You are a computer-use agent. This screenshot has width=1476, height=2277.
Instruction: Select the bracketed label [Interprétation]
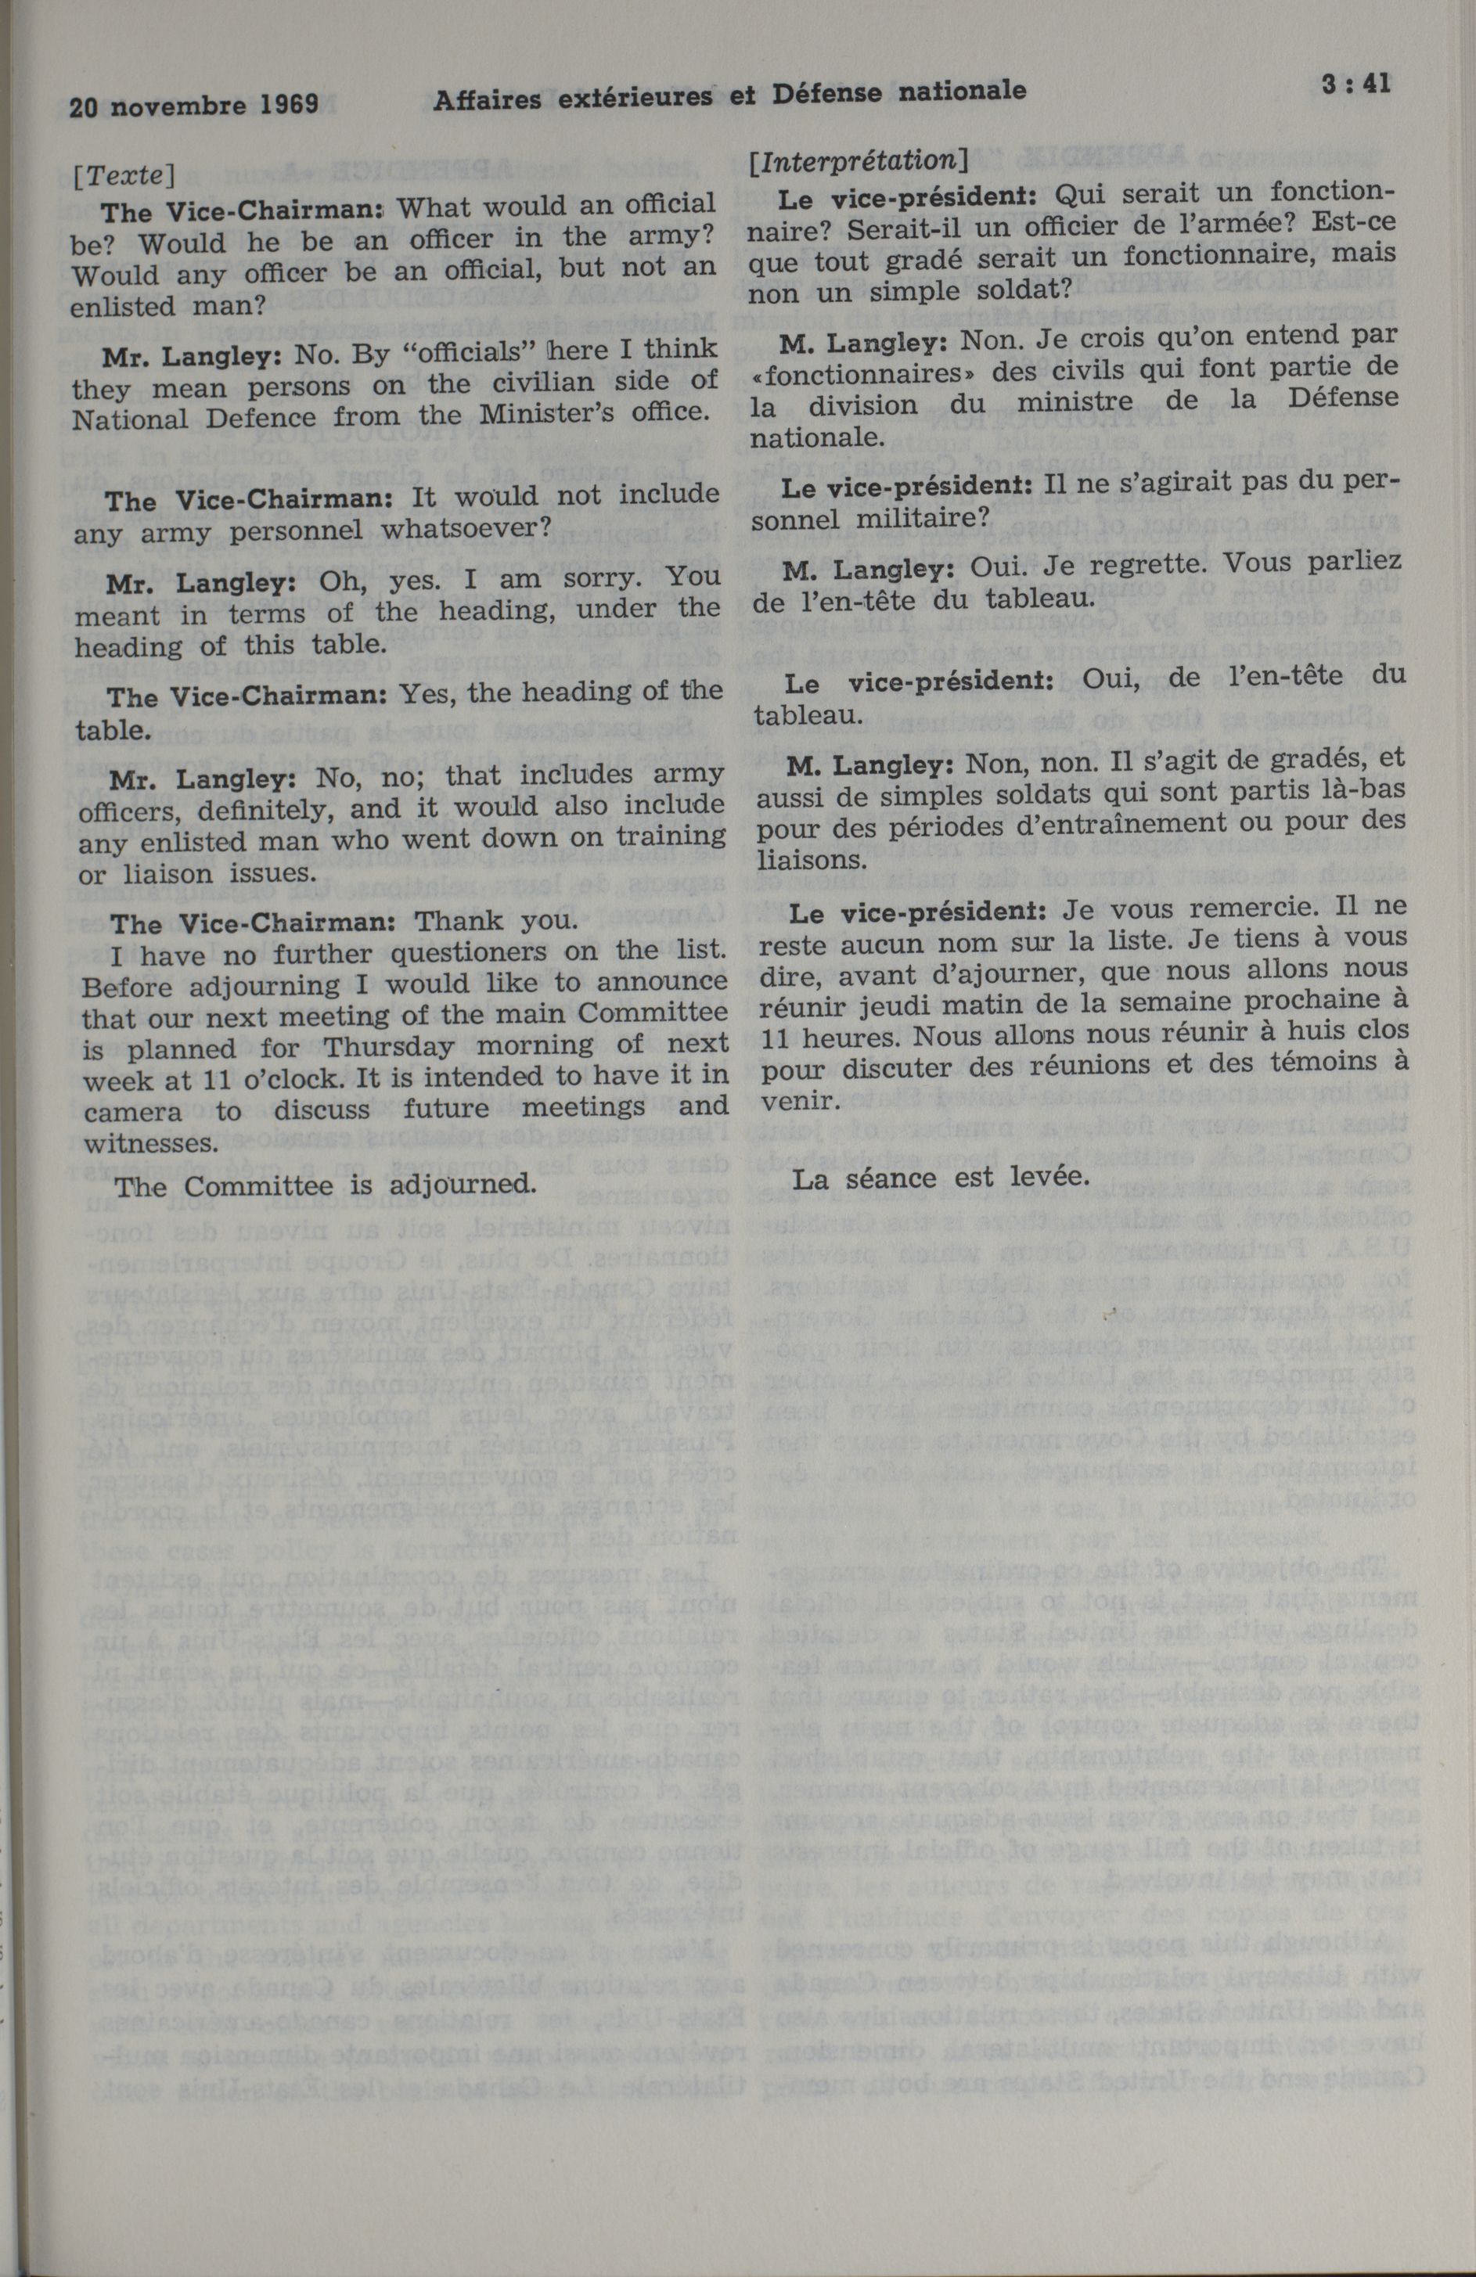pyautogui.click(x=859, y=160)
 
